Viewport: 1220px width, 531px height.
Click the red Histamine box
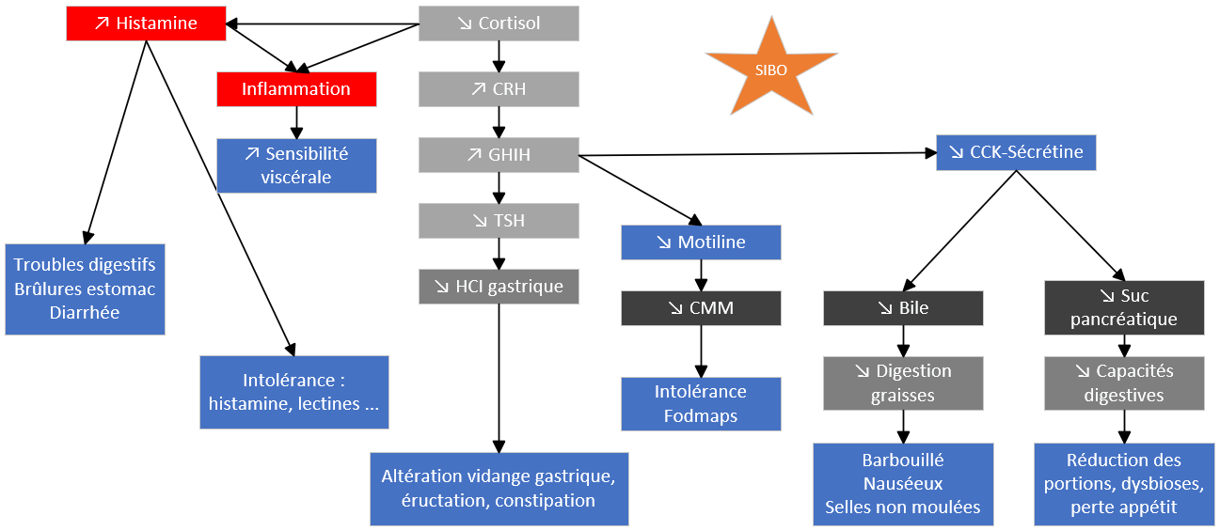point(146,23)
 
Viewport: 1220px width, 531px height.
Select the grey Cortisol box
point(499,23)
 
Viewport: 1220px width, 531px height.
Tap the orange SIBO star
point(771,69)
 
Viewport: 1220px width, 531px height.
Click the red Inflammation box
point(296,89)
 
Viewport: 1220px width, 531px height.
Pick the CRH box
point(499,89)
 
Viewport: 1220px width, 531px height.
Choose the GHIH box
point(499,154)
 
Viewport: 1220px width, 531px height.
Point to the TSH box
point(499,221)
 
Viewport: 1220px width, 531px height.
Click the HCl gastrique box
point(499,287)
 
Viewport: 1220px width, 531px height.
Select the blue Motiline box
point(701,242)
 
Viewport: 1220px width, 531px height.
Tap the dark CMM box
point(701,307)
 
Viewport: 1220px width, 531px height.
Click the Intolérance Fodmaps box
point(701,403)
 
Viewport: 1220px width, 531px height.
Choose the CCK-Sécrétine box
point(1016,152)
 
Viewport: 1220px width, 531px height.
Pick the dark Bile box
point(903,307)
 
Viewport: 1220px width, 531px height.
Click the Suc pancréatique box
point(1124,307)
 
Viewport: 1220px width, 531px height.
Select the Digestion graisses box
point(903,383)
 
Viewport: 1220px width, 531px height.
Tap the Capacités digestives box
point(1124,383)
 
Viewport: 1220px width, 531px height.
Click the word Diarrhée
point(85,313)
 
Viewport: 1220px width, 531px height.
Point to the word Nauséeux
point(903,484)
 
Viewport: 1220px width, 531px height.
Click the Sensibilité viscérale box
point(296,165)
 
